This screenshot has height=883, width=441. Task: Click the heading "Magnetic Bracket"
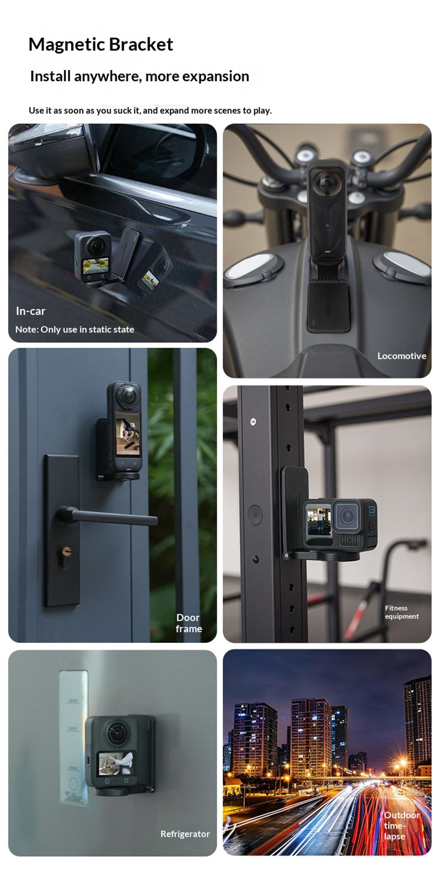click(x=101, y=45)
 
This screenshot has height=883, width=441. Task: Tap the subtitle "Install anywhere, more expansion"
click(x=140, y=76)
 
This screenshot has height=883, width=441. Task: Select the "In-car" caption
click(x=31, y=311)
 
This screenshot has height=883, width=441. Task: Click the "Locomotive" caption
click(x=402, y=355)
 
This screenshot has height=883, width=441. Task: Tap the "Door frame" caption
click(x=189, y=623)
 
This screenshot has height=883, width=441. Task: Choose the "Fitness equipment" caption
click(x=402, y=612)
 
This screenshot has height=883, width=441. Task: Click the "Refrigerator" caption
click(x=185, y=834)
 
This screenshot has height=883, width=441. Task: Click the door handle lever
click(x=106, y=517)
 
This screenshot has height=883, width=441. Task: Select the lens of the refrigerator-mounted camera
click(x=116, y=732)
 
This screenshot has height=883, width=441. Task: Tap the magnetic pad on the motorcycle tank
click(x=328, y=306)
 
